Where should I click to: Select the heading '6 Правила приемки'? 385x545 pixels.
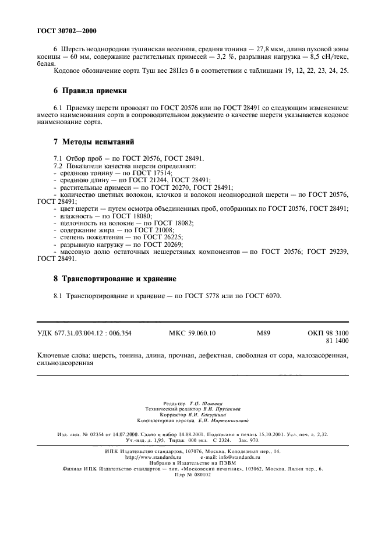(90, 91)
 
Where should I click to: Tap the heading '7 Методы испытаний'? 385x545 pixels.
(93, 141)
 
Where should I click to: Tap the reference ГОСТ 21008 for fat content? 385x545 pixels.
(151, 229)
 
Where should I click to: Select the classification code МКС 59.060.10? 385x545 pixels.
(192, 332)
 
